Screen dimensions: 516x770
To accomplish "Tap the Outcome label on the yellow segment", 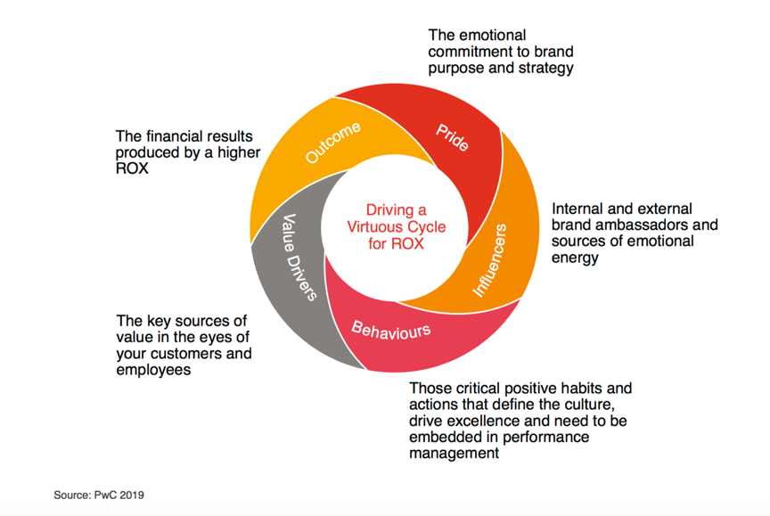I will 333,142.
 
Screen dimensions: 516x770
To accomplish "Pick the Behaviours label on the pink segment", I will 390,331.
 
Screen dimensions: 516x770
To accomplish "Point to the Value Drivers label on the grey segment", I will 299,258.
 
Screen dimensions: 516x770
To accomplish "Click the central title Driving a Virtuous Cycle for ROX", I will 396,226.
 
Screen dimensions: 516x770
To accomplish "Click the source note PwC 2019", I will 99,495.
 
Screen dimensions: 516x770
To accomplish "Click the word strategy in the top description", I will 543,67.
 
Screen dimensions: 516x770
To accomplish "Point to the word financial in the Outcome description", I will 176,136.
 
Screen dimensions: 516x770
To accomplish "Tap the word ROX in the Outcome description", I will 132,168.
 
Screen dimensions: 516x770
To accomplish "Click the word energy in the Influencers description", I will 575,258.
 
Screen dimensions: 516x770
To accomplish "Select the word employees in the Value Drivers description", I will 153,369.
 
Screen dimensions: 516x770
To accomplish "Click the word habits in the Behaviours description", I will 584,389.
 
